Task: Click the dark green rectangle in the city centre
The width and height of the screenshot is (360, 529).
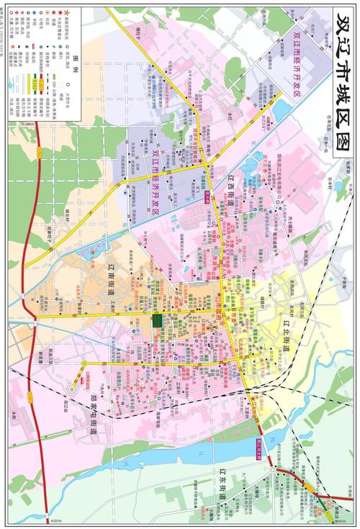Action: coord(156,321)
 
